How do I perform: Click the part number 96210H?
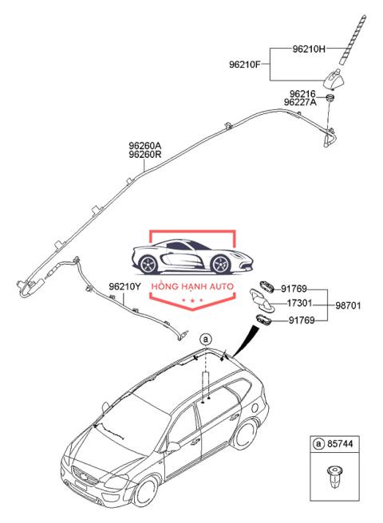309,49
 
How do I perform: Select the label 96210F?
244,64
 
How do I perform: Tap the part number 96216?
302,94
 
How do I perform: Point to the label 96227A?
300,102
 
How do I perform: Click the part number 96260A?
145,146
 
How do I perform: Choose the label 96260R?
145,155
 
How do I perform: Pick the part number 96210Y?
124,286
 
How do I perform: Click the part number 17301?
299,303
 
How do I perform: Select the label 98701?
348,305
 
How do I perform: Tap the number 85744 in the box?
340,443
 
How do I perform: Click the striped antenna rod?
352,39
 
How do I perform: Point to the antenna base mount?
332,80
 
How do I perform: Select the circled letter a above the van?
206,339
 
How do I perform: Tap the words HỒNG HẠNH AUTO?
192,286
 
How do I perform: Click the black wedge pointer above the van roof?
246,340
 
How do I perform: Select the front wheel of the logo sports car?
221,264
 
